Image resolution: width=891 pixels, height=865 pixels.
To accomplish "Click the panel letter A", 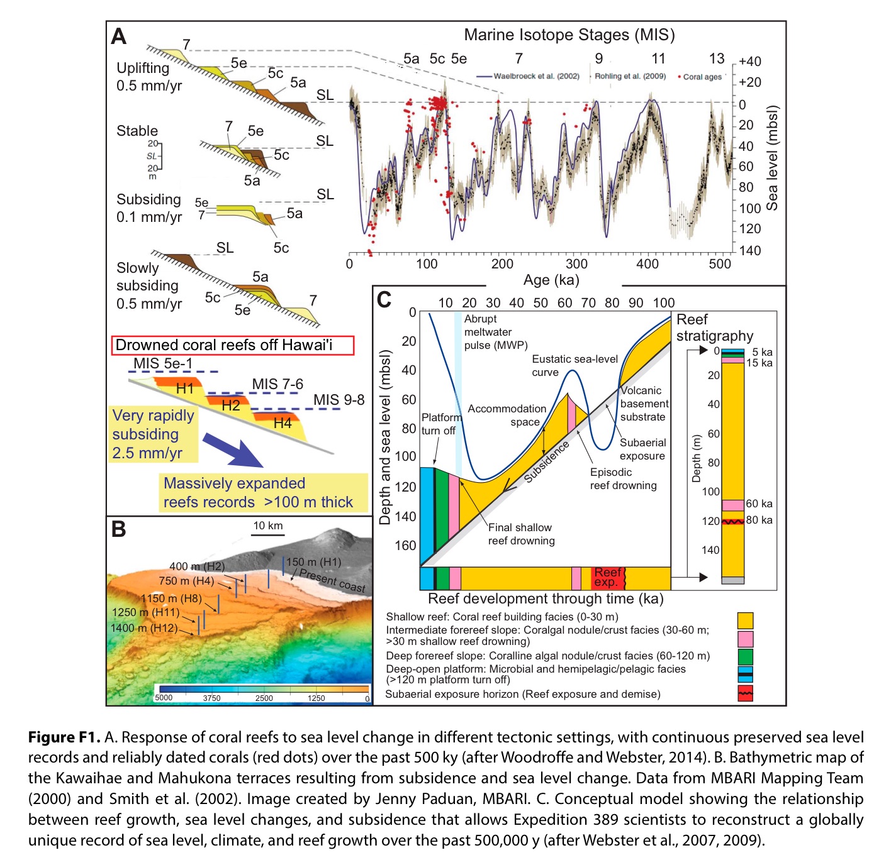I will click(119, 36).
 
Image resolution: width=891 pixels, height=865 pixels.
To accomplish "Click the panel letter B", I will click(118, 529).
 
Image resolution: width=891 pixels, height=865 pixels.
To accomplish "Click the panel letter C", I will click(383, 300).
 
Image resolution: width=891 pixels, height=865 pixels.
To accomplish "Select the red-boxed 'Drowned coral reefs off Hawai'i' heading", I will click(233, 345).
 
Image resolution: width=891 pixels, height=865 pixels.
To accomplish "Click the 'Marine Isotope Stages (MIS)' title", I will click(569, 35).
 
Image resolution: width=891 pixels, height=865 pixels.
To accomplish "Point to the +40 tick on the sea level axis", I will click(749, 61).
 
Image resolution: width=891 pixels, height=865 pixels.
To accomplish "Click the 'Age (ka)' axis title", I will click(551, 280).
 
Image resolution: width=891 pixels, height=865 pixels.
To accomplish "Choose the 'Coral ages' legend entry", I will click(702, 77).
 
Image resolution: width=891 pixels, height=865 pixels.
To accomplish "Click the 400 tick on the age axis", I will click(647, 264).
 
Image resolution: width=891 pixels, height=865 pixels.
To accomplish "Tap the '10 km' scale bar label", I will click(268, 526).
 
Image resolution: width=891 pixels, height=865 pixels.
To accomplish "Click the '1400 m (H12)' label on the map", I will click(143, 627).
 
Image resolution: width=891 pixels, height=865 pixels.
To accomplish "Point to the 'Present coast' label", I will click(332, 580).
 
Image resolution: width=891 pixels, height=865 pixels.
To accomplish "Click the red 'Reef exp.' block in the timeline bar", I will click(608, 577).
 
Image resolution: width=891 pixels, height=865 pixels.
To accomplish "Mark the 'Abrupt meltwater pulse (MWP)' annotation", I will click(495, 332).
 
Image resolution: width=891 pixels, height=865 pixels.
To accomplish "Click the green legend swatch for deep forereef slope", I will click(745, 657).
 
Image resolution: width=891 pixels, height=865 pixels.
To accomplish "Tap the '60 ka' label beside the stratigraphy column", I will click(759, 504).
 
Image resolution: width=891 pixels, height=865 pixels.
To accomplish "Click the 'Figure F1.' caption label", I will click(64, 737).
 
